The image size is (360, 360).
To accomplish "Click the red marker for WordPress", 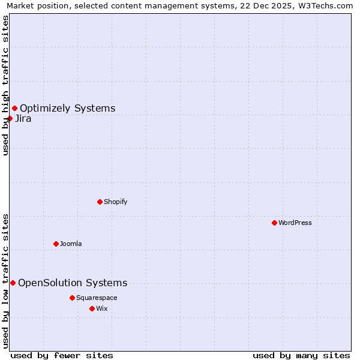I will click(x=274, y=223).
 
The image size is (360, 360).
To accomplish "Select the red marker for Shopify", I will click(x=100, y=202).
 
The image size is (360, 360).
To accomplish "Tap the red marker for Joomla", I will click(x=56, y=244).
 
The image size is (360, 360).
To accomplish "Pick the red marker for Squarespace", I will click(x=72, y=298).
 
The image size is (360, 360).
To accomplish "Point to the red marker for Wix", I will click(x=92, y=308).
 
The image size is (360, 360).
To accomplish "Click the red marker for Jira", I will click(x=10, y=118).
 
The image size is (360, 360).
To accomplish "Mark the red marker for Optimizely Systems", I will click(x=14, y=108).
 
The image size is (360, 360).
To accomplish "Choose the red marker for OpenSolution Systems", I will click(x=13, y=283).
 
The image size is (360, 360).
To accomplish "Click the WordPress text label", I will click(x=295, y=223).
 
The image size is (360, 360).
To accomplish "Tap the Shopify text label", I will click(x=115, y=202).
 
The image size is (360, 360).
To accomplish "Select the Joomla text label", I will click(x=70, y=244).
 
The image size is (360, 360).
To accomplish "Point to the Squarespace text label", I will click(x=97, y=298).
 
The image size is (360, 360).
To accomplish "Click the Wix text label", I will click(x=101, y=308).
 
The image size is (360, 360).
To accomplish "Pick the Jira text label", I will click(x=23, y=118).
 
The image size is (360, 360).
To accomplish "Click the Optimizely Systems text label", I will click(x=67, y=108).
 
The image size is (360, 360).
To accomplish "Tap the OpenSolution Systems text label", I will click(x=73, y=283).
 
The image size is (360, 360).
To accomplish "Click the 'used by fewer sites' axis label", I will click(x=62, y=355).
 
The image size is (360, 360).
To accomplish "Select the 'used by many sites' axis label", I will click(x=301, y=355).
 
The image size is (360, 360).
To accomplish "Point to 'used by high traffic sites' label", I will click(x=5, y=85).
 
